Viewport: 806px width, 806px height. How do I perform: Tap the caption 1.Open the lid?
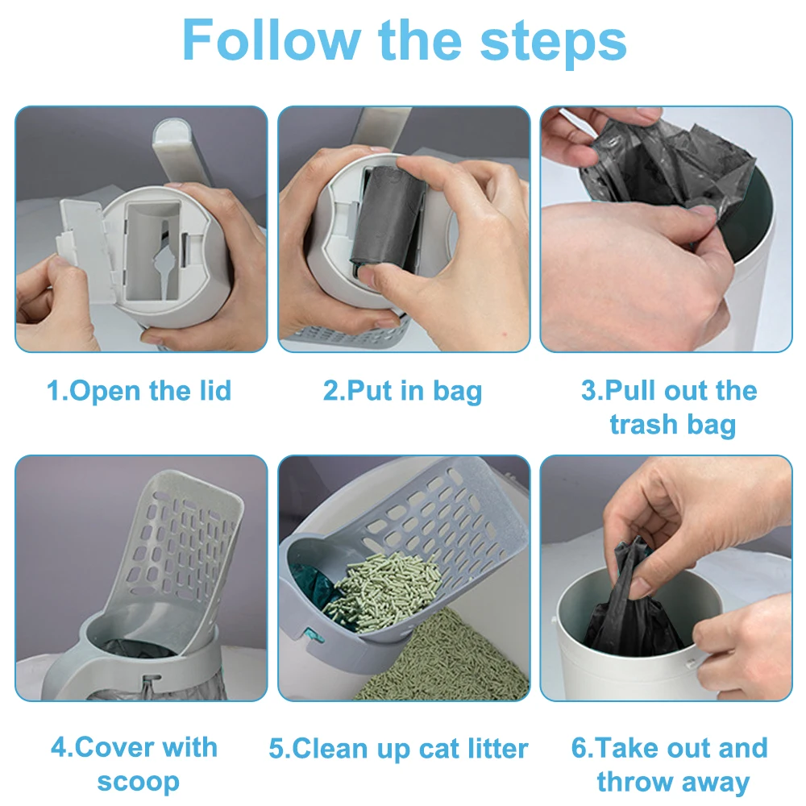(139, 391)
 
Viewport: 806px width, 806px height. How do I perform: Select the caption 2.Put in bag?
(402, 391)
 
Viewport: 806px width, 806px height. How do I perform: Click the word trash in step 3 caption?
(642, 424)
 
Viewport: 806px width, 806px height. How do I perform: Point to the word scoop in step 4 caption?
(138, 781)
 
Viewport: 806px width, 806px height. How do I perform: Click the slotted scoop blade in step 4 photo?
(193, 548)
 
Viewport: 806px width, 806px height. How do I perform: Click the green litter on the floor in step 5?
(451, 661)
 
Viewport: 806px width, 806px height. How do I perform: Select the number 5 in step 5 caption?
(277, 749)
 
